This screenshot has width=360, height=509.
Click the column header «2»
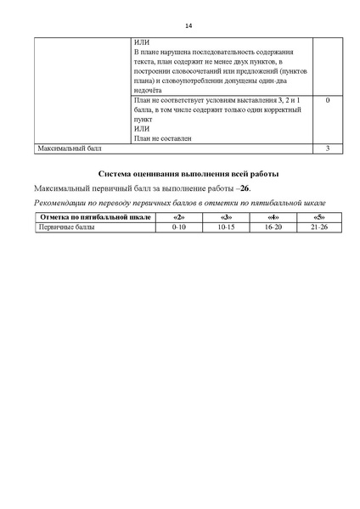pyautogui.click(x=178, y=218)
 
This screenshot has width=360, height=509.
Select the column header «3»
pyautogui.click(x=226, y=218)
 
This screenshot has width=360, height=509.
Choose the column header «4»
pyautogui.click(x=273, y=218)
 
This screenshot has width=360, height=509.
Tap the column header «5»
pyautogui.click(x=319, y=218)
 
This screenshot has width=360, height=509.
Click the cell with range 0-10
pyautogui.click(x=178, y=227)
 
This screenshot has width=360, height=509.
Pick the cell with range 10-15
pyautogui.click(x=226, y=227)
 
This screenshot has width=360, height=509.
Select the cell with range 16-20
pyautogui.click(x=273, y=227)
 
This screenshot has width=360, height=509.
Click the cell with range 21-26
pyautogui.click(x=319, y=227)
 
